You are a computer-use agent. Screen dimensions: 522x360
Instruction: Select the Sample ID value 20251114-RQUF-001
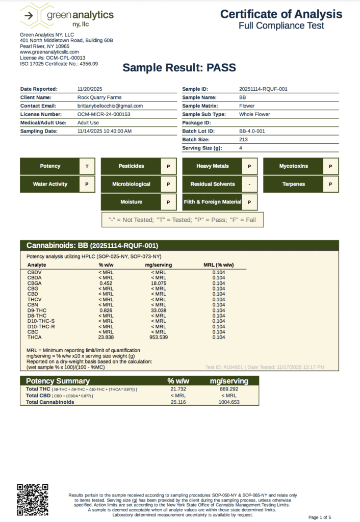coord(263,89)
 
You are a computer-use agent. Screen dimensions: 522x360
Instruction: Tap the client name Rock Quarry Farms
coord(99,97)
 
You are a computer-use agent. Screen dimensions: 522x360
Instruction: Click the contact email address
coord(110,106)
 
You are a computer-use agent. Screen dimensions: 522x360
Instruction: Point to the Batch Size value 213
coord(243,139)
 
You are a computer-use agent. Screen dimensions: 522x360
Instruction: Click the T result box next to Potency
coord(87,166)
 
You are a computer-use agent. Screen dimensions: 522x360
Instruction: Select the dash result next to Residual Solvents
coord(249,184)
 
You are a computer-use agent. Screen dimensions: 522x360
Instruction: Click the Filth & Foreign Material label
coord(212,202)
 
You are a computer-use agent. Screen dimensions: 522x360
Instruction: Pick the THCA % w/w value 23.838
coord(106,337)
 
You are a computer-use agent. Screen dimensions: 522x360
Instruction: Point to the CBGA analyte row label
coord(34,283)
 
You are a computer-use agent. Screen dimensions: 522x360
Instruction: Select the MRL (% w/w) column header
coord(218,265)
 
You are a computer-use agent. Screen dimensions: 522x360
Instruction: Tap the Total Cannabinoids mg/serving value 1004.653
coord(228,402)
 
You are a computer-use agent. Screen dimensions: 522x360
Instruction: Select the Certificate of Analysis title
coord(281,14)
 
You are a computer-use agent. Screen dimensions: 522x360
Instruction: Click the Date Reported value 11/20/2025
coord(90,89)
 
